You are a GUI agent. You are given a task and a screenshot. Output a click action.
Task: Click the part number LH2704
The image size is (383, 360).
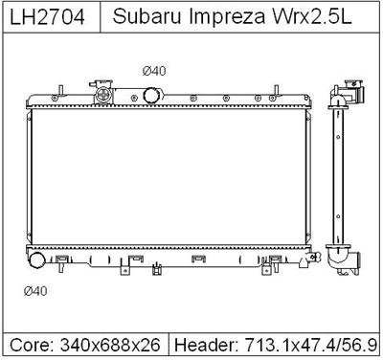pos(47,16)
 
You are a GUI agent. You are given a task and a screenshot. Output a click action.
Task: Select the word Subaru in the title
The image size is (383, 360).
pos(147,16)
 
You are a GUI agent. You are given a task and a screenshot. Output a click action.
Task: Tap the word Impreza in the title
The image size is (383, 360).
pos(227,17)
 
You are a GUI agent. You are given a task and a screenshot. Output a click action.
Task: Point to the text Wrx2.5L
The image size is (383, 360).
pos(311,16)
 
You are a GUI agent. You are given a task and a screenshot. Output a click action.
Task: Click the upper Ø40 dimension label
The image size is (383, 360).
pos(154,71)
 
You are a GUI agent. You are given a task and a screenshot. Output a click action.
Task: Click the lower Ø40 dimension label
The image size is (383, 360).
pos(35,291)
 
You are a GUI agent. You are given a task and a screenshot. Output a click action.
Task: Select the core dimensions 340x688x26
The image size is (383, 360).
pos(110,346)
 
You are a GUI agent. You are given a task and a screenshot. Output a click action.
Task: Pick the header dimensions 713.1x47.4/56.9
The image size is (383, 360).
pos(311,346)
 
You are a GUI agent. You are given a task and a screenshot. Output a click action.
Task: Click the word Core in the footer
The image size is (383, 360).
pos(31,346)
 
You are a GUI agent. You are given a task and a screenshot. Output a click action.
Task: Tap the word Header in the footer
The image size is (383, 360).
pos(206,346)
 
